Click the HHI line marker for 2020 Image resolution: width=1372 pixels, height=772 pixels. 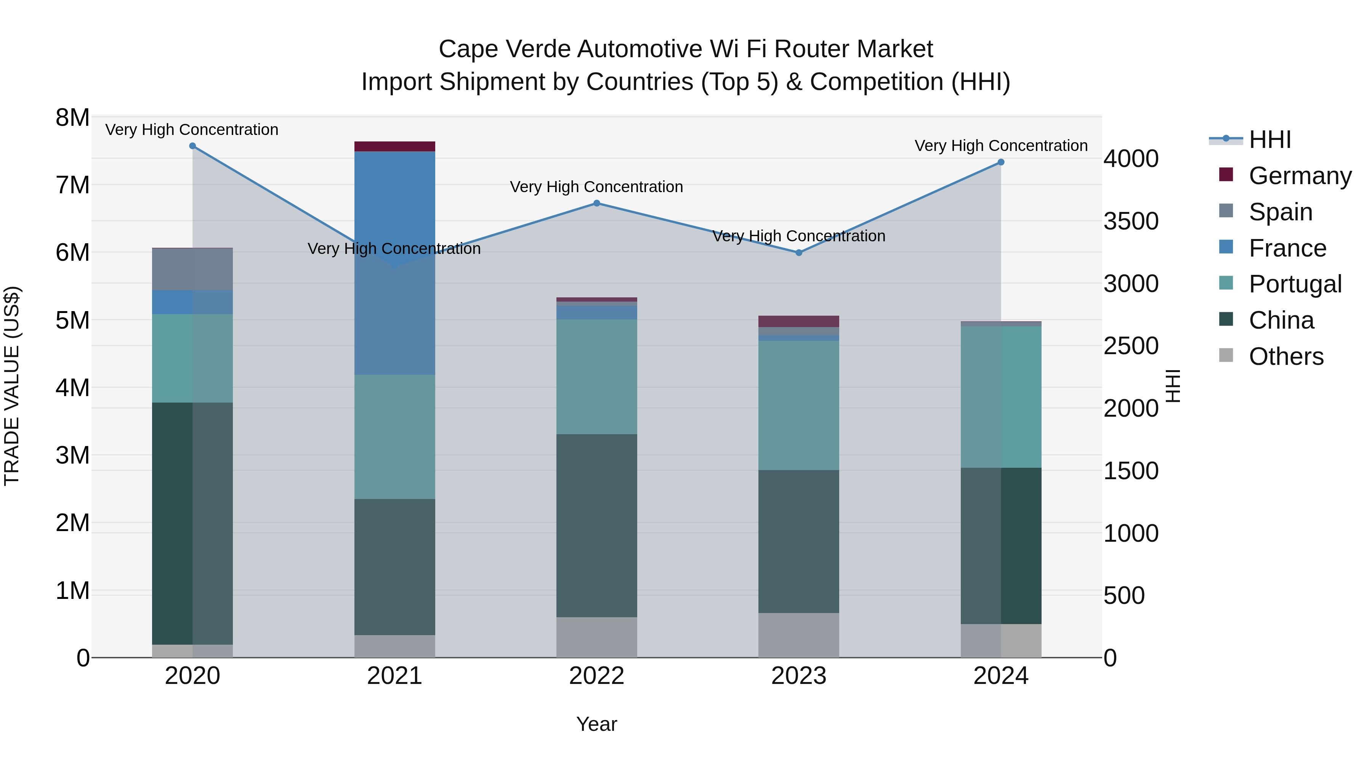point(192,146)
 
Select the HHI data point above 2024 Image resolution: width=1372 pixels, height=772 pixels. point(1001,162)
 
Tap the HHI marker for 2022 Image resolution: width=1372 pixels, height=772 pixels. point(596,203)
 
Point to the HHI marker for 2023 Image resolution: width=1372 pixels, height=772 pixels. point(799,252)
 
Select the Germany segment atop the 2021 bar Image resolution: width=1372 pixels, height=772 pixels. point(395,146)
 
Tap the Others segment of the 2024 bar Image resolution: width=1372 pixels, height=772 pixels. point(1001,640)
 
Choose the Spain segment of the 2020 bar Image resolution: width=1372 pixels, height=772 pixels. point(192,269)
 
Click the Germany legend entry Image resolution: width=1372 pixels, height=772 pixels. point(1300,176)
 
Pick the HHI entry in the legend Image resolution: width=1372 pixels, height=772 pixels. point(1270,140)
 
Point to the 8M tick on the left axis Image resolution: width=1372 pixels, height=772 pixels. point(72,118)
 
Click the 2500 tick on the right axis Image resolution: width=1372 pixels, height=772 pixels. point(1131,346)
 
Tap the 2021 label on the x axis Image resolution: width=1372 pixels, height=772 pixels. point(395,676)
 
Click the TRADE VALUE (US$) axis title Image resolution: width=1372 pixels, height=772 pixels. point(12,386)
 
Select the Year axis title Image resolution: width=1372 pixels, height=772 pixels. point(596,724)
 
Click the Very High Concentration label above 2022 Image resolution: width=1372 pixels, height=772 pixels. point(596,187)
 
